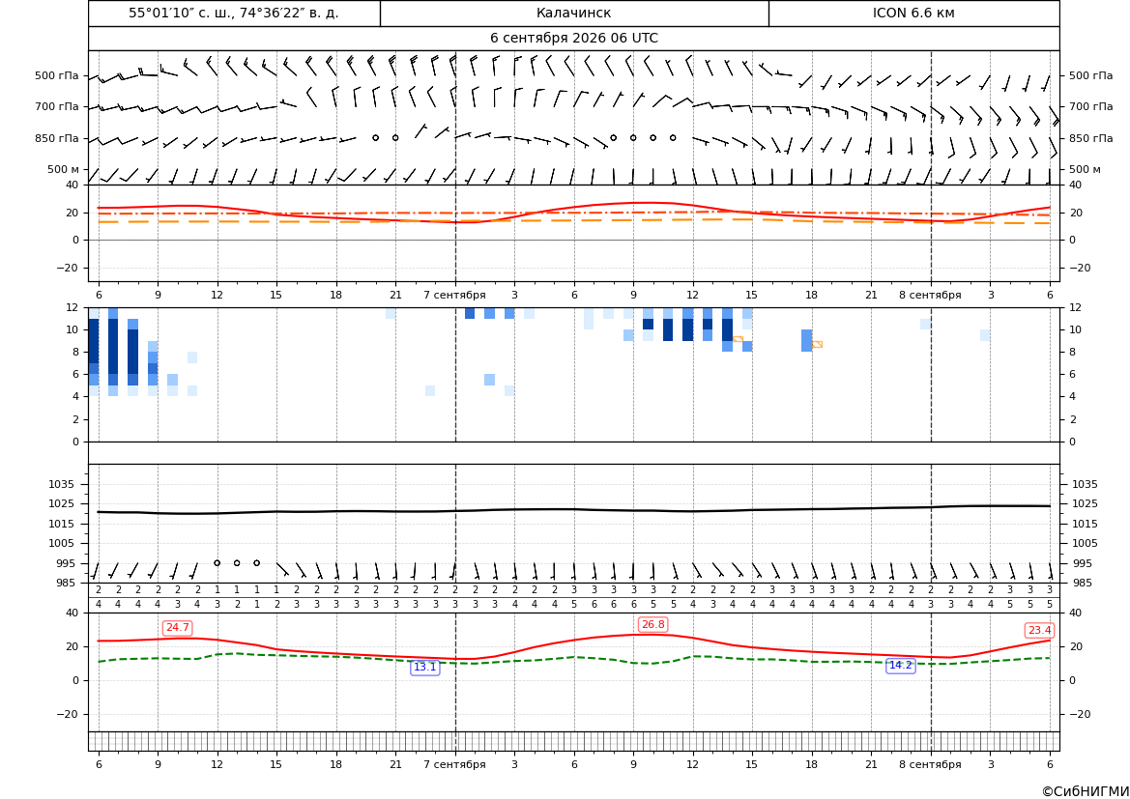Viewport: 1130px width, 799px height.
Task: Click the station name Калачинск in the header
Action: pyautogui.click(x=573, y=13)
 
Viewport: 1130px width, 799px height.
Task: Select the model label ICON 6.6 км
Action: pyautogui.click(x=913, y=13)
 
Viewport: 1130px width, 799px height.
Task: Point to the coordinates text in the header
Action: pyautogui.click(x=234, y=13)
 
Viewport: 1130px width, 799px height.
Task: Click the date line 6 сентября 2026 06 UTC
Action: pyautogui.click(x=573, y=39)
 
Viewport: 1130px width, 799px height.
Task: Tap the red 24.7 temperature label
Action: pyautogui.click(x=177, y=628)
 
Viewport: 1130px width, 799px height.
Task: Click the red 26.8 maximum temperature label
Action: pyautogui.click(x=652, y=624)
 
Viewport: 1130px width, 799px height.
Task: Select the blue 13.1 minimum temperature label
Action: pyautogui.click(x=424, y=668)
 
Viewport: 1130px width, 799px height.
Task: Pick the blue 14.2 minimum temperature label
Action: pyautogui.click(x=900, y=665)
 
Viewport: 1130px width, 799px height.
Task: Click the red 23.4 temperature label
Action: pyautogui.click(x=1039, y=631)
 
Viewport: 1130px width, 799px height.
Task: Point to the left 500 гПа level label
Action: pyautogui.click(x=56, y=75)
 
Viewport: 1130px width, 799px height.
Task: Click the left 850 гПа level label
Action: pyautogui.click(x=56, y=138)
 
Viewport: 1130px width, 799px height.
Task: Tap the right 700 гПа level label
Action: pyautogui.click(x=1090, y=106)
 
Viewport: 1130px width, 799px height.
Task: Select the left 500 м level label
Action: pyautogui.click(x=63, y=169)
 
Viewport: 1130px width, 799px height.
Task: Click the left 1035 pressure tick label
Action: pyautogui.click(x=64, y=484)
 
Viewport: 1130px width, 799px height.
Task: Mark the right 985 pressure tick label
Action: pyautogui.click(x=1082, y=583)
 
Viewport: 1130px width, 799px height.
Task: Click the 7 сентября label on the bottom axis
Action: pyautogui.click(x=454, y=764)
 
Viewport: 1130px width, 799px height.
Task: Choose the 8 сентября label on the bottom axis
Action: pyautogui.click(x=930, y=764)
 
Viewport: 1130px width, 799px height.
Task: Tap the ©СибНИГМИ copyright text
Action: pyautogui.click(x=1086, y=791)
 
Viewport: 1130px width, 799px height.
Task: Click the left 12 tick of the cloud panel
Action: pyautogui.click(x=72, y=307)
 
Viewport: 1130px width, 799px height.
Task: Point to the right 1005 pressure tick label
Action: pyautogui.click(x=1085, y=543)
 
